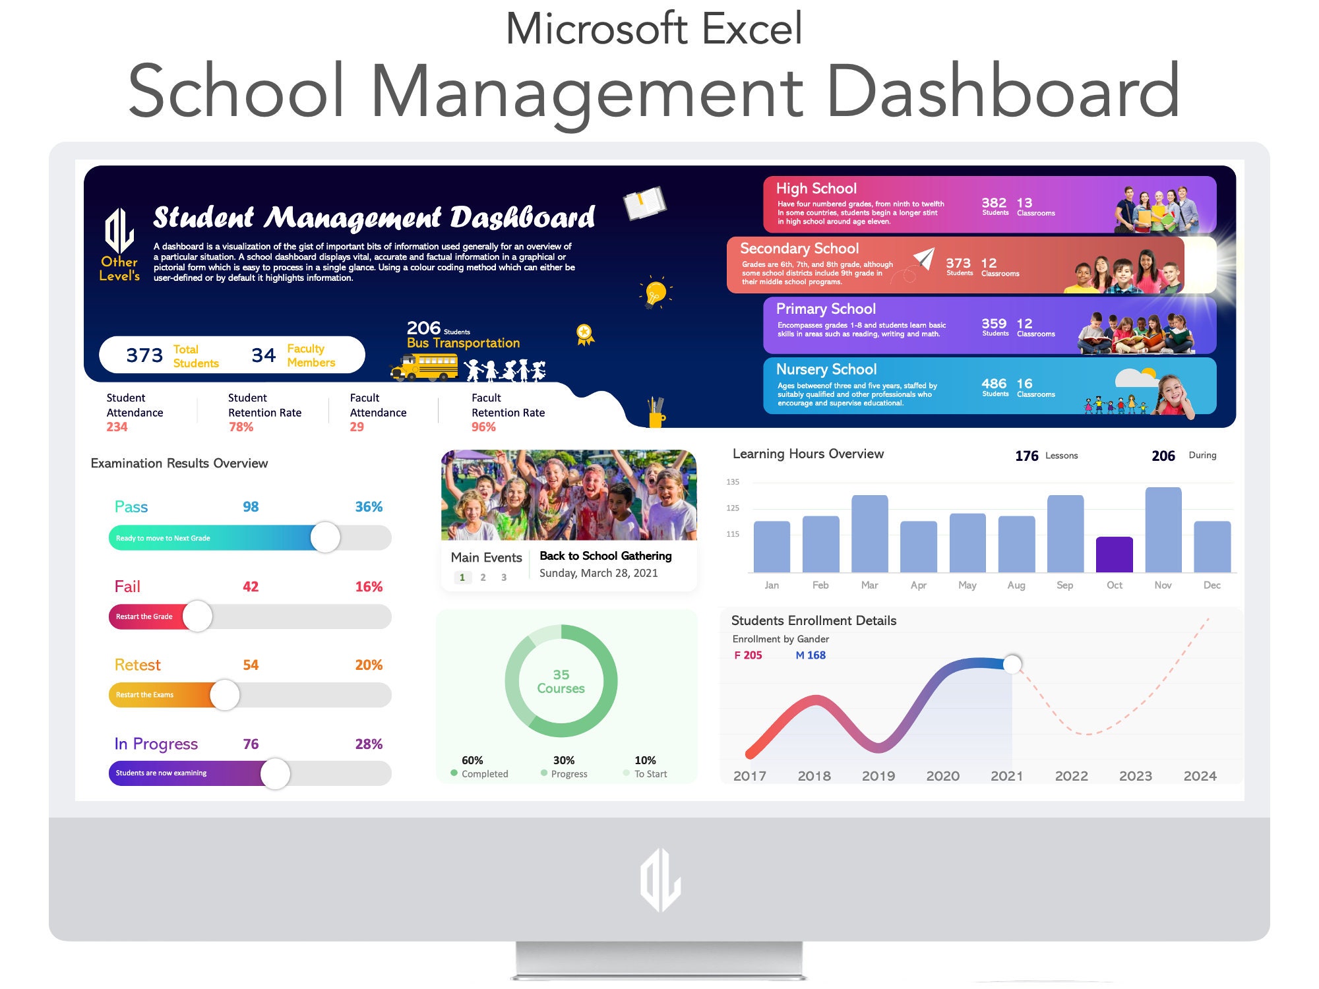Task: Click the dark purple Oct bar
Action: pos(1114,554)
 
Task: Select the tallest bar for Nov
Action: pos(1163,529)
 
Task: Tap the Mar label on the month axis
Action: pos(869,585)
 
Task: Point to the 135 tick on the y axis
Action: pos(733,482)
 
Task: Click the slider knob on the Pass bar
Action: pos(325,537)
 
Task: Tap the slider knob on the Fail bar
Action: pos(197,616)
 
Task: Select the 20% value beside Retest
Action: pos(369,665)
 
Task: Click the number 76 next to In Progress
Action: pos(251,744)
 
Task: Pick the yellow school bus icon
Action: pos(425,367)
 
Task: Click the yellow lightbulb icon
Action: pos(656,291)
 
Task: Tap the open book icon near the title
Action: pos(644,203)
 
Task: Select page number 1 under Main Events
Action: pos(462,578)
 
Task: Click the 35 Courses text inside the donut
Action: pos(561,682)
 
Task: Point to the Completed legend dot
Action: pos(454,773)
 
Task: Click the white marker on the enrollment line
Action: pos(1012,664)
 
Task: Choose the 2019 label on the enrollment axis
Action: pos(878,776)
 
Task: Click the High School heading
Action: pos(816,189)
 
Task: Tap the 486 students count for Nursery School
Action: pos(994,384)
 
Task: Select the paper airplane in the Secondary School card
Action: pos(924,258)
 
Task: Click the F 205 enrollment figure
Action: pos(748,655)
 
